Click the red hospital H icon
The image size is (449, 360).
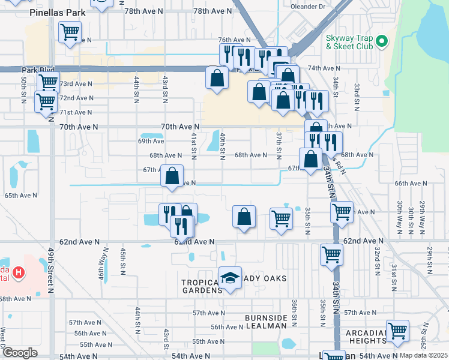[x=19, y=273]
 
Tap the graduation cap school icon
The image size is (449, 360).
[x=230, y=278]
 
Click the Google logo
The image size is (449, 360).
[x=20, y=353]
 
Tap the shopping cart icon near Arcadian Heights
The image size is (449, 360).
[x=397, y=331]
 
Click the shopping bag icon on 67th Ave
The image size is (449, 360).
[x=172, y=176]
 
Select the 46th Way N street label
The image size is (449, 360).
[x=100, y=259]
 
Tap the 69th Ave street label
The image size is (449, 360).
[x=151, y=141]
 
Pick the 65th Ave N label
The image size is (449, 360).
[x=20, y=196]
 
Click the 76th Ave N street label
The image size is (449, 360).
[x=234, y=40]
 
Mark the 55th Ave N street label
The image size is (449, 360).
[x=94, y=344]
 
